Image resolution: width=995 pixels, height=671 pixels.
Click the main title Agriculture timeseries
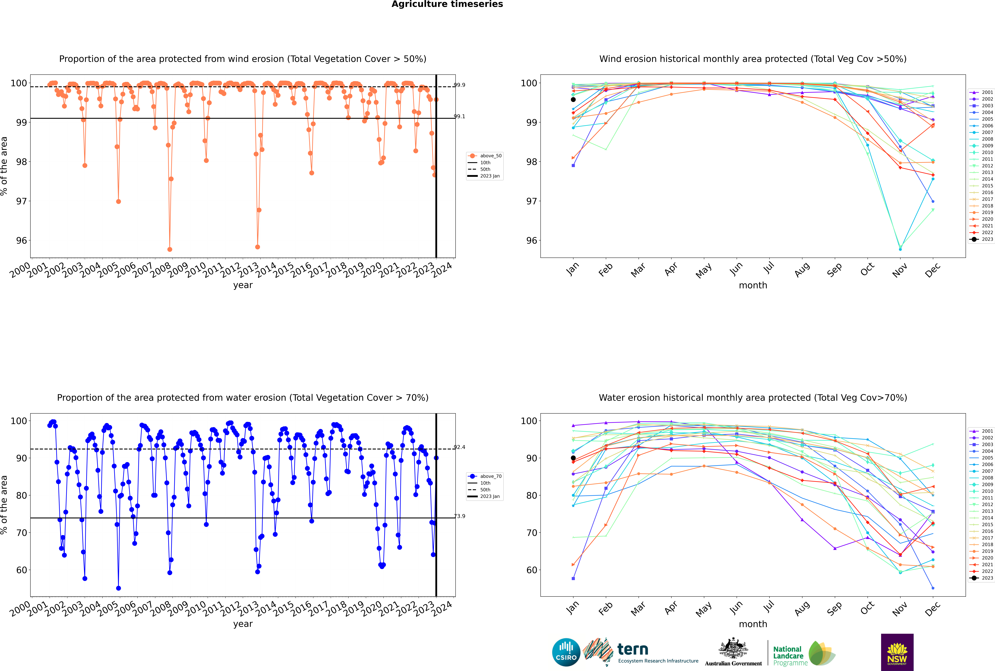pos(447,4)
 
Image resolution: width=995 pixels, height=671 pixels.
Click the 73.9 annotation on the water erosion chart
pos(459,516)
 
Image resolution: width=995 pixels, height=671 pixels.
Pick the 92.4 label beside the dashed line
pos(459,447)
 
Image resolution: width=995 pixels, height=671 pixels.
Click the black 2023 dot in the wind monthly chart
pos(573,100)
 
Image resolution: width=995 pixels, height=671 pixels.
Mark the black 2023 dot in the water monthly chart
pos(573,458)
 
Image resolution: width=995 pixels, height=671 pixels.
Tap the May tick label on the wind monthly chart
pos(704,271)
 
